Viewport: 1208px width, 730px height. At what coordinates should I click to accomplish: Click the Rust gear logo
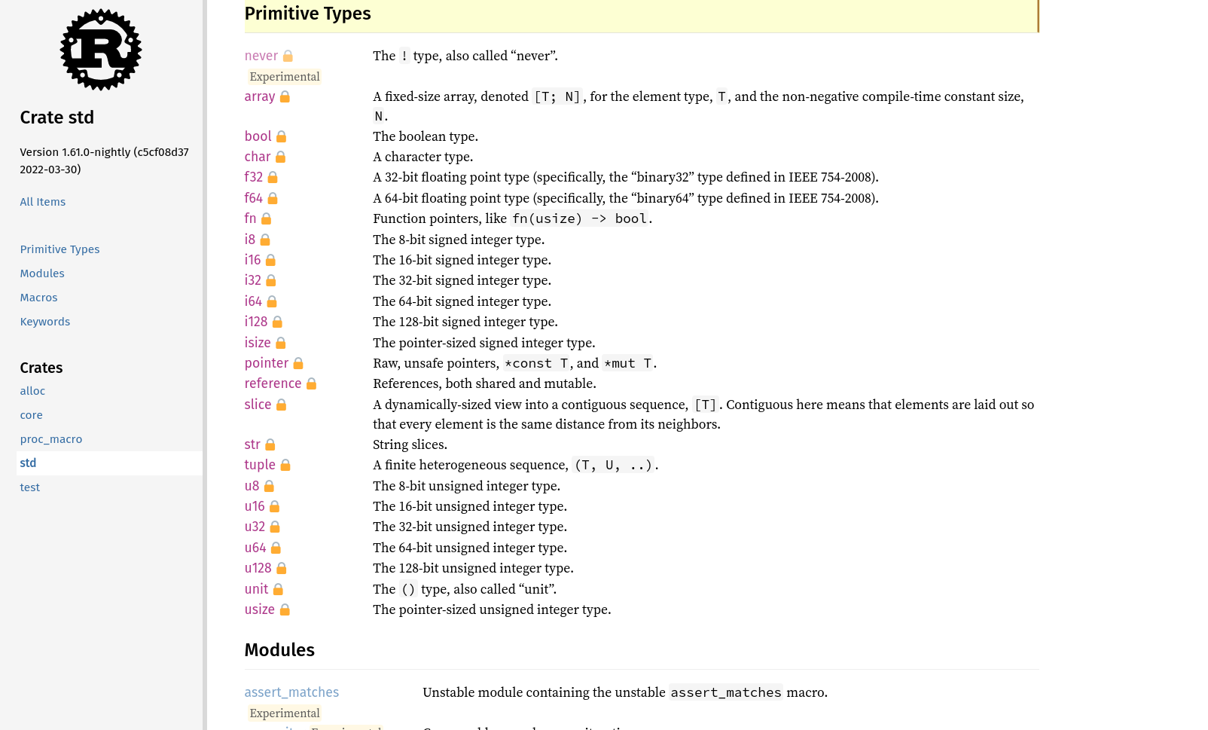click(101, 50)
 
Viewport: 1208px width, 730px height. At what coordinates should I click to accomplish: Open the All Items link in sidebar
click(43, 202)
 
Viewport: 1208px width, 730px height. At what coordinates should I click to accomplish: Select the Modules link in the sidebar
click(42, 273)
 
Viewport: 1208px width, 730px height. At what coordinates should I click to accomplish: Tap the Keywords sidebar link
click(45, 322)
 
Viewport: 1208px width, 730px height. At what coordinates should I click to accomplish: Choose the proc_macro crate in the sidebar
click(51, 439)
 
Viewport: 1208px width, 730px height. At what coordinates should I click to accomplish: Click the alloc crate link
click(32, 391)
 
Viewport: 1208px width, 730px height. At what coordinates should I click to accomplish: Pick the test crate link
click(30, 487)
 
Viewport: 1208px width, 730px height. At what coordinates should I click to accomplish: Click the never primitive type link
click(261, 56)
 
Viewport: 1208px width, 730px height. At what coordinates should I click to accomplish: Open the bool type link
click(258, 136)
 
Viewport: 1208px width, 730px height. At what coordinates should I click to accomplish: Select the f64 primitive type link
click(254, 198)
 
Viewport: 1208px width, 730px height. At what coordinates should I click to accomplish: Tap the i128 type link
click(256, 322)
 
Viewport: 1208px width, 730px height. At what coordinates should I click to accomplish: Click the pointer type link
click(267, 363)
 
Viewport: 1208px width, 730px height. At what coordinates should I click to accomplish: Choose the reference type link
click(273, 383)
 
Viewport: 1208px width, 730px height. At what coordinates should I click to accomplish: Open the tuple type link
click(260, 465)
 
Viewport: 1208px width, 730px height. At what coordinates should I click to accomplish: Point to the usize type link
click(260, 609)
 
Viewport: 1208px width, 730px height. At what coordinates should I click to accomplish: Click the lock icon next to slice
click(282, 405)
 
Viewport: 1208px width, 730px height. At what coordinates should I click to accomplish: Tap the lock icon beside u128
click(282, 569)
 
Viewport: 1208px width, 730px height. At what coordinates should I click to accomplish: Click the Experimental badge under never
click(285, 77)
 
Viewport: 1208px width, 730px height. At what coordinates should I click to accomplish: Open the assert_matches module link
click(291, 692)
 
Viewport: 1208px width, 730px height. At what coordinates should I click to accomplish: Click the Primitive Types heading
click(308, 14)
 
